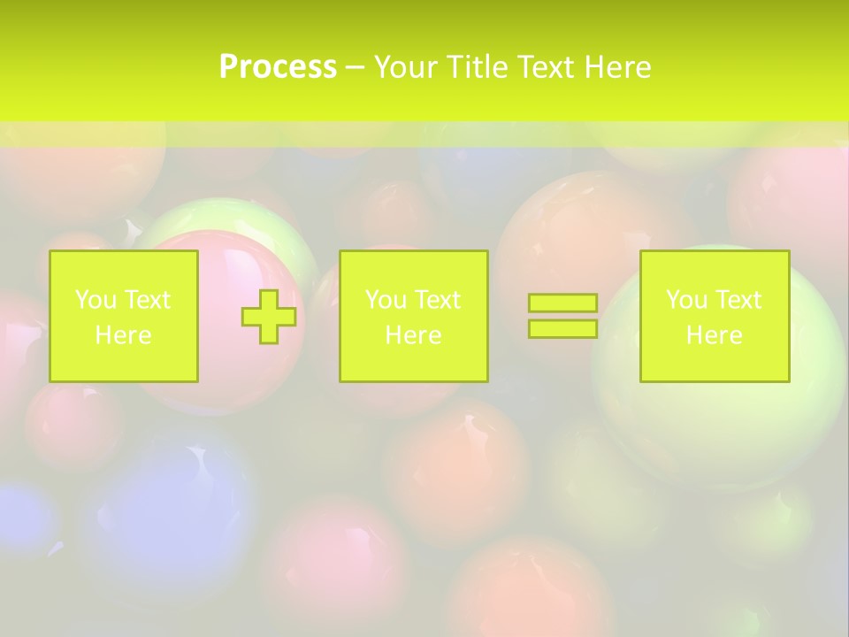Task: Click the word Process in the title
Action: click(278, 67)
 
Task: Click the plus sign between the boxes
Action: click(269, 317)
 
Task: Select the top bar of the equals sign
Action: click(562, 303)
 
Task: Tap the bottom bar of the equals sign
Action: click(562, 328)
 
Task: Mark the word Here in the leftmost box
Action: click(123, 335)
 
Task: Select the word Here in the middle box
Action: click(413, 335)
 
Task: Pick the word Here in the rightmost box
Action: click(714, 335)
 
